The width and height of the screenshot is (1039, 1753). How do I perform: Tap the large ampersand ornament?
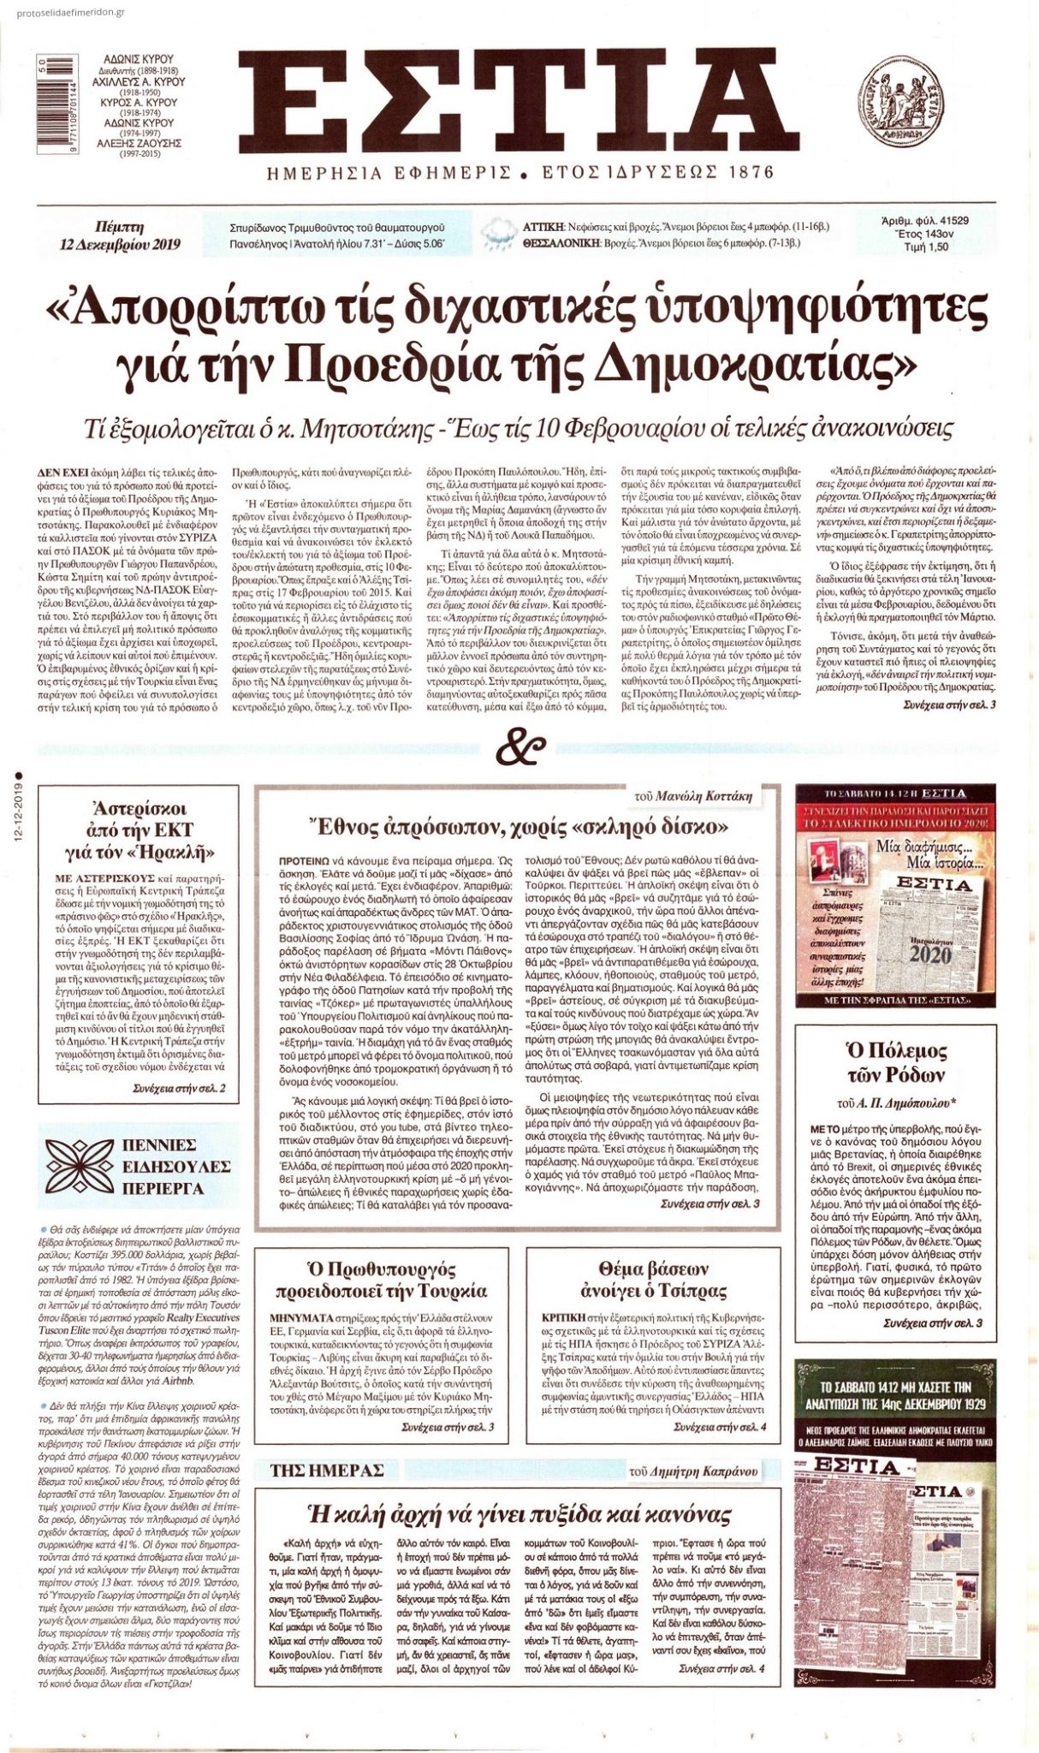coord(518,746)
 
